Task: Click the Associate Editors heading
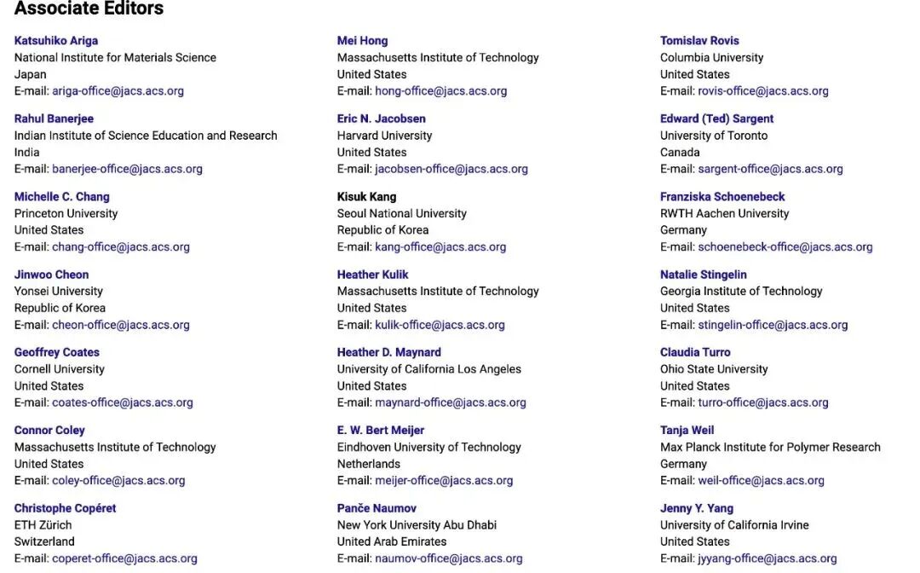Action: tap(89, 9)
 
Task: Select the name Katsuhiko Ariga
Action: tap(56, 40)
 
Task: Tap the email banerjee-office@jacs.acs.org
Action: tap(127, 169)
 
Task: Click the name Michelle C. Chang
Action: tap(61, 196)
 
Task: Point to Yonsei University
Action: tap(59, 291)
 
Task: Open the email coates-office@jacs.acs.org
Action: tap(123, 402)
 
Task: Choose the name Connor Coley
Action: tap(49, 430)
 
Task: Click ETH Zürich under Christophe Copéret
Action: tap(43, 524)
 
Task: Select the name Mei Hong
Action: tap(362, 40)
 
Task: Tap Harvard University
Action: tap(384, 135)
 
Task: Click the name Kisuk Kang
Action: tap(366, 196)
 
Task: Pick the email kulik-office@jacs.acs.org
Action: tap(440, 325)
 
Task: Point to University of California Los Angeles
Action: tap(428, 369)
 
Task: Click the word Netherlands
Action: tap(368, 464)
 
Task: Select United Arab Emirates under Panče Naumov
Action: tap(392, 541)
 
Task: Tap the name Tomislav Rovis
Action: tap(699, 40)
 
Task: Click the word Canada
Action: tap(680, 152)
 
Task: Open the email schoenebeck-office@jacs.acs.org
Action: tap(785, 246)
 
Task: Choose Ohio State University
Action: tap(714, 369)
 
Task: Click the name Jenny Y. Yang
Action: tap(696, 508)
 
